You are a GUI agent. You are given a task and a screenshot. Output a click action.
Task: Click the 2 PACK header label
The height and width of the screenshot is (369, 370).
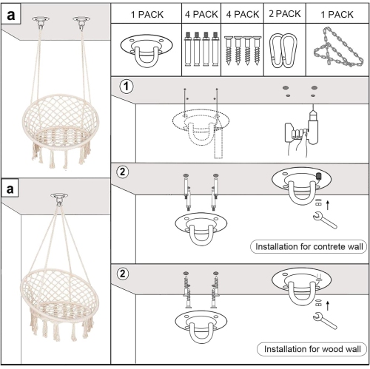coord(285,14)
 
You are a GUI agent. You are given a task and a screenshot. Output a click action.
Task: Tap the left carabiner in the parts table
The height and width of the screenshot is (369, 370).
coord(277,50)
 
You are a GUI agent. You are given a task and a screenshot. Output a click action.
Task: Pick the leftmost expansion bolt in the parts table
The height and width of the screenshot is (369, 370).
coord(188,49)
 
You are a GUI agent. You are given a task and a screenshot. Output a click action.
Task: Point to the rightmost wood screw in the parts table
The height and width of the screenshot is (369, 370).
coord(257,50)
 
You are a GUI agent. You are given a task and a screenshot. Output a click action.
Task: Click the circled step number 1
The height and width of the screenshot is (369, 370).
coord(126,87)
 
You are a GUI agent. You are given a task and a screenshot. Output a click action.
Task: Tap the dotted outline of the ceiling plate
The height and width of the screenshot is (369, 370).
coord(201,121)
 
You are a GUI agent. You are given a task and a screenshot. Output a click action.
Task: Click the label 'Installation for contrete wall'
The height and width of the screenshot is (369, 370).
coord(309,246)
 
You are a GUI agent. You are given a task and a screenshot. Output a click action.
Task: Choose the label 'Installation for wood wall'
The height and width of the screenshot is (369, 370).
coord(312,349)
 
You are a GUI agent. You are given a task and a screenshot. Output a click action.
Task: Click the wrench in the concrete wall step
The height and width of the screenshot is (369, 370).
coord(325,220)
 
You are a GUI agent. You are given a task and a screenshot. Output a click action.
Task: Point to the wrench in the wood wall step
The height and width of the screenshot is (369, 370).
coord(325,320)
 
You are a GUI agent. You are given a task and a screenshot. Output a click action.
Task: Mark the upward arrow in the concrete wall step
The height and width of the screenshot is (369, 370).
coord(328,205)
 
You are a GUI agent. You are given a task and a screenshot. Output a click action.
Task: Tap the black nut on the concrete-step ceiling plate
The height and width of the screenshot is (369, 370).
coord(318,176)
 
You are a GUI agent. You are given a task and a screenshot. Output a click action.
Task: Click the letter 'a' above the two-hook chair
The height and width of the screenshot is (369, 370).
coord(10,15)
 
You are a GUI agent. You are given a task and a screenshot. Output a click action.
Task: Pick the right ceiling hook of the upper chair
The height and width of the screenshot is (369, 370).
coord(81,23)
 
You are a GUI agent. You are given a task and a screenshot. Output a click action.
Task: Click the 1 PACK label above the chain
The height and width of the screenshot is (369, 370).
coord(337,15)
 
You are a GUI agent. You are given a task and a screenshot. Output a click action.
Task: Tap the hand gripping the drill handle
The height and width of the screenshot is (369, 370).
coord(297,143)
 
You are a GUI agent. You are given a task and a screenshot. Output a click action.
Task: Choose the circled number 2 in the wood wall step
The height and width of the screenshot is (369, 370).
coord(123,274)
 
